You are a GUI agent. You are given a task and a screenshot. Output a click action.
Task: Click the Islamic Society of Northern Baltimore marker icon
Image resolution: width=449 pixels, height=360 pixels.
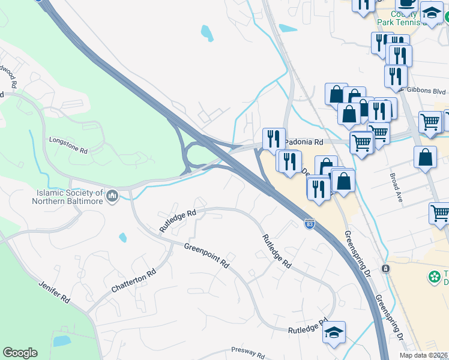(x=112, y=196)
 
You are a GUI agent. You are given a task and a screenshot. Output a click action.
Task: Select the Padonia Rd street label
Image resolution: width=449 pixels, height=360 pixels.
(x=304, y=142)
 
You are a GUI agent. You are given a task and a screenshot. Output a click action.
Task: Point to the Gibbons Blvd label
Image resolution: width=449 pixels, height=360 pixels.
(x=429, y=91)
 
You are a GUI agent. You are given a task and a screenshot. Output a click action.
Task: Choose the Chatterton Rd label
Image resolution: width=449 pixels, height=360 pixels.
(x=133, y=281)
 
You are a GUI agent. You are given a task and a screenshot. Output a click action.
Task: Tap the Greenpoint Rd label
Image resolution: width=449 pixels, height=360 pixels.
(x=207, y=255)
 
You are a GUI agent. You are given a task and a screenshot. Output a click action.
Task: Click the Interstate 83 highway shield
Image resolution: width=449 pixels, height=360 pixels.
(x=309, y=224)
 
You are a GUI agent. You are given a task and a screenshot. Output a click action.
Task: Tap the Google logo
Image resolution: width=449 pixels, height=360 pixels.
(x=20, y=353)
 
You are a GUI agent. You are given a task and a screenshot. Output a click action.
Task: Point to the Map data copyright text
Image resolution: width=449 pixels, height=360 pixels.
(x=424, y=355)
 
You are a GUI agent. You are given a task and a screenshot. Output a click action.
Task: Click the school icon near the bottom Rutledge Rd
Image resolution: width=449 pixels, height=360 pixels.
(x=334, y=332)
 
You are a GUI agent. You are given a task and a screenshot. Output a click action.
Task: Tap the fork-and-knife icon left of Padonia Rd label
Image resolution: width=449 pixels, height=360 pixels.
(x=274, y=139)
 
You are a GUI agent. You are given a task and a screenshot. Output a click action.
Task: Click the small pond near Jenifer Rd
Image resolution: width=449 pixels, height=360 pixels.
(x=62, y=341)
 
